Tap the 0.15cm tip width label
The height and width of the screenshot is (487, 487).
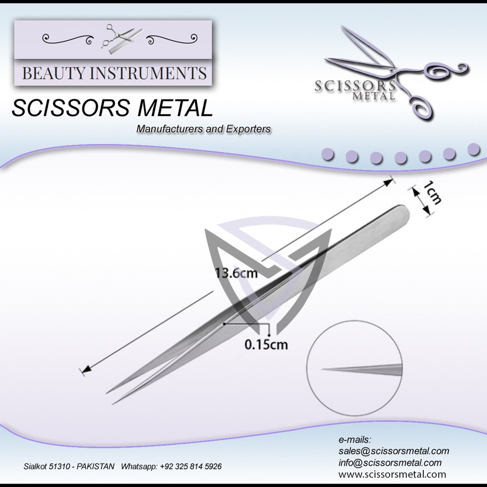click(266, 345)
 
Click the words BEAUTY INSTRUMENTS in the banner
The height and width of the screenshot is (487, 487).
click(114, 74)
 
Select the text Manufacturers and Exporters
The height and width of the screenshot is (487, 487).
click(204, 130)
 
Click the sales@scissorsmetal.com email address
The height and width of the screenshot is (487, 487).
click(393, 451)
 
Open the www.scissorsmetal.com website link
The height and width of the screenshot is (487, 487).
click(392, 473)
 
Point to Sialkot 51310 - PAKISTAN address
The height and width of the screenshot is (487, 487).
click(69, 466)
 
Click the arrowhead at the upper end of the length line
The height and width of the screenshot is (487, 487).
click(389, 182)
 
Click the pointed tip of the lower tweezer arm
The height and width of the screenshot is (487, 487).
click(114, 403)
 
